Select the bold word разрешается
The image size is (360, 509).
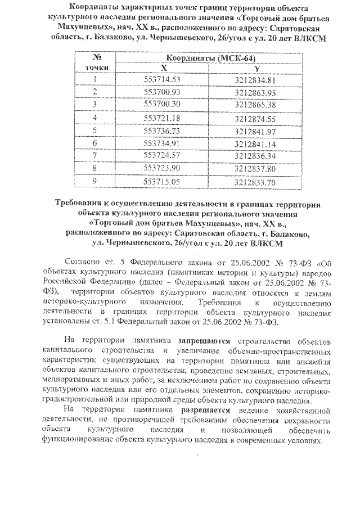(x=204, y=410)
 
